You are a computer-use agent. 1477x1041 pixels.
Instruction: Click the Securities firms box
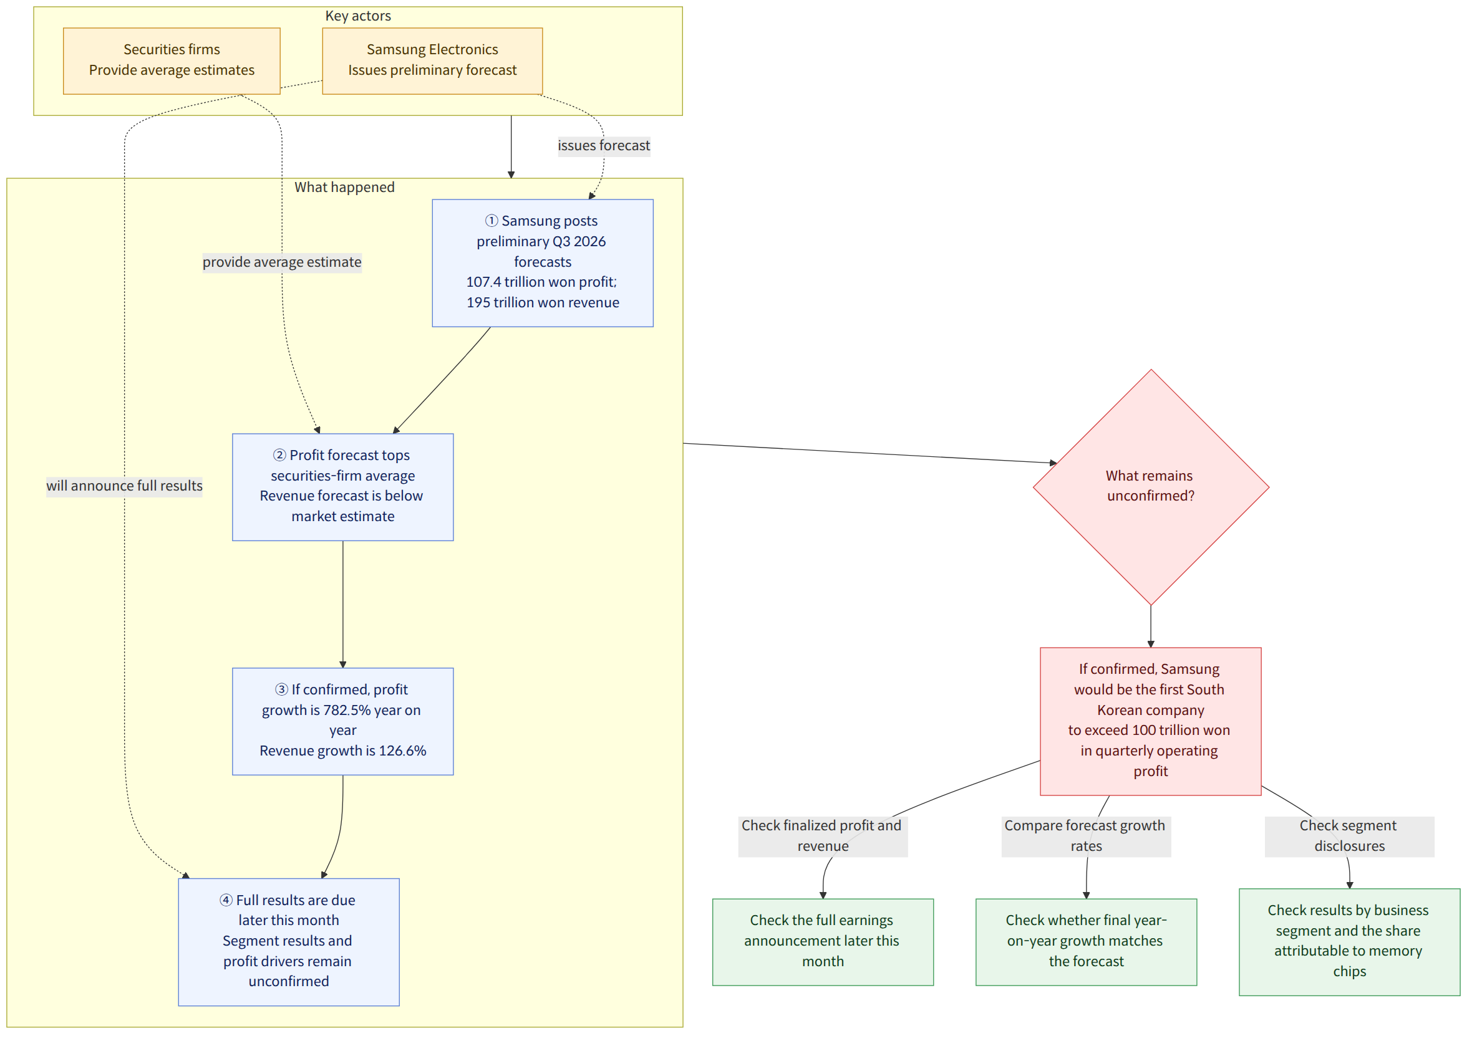(172, 61)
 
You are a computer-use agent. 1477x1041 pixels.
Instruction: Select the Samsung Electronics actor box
(432, 61)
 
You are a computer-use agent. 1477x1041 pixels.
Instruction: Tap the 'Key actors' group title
(358, 16)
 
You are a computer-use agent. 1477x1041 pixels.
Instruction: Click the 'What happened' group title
(345, 187)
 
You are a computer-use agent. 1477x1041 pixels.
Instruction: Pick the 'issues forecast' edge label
(604, 146)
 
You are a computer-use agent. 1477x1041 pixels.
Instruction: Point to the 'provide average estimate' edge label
(282, 262)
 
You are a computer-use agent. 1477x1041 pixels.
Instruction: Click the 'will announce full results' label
(124, 486)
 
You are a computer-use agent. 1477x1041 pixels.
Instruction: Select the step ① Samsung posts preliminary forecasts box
(543, 263)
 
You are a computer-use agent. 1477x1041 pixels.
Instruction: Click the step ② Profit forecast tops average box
(343, 487)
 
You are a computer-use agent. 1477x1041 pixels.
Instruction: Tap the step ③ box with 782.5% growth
(343, 721)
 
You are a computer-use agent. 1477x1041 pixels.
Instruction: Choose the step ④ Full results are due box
(289, 942)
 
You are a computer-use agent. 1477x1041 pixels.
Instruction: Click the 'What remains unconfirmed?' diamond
(1151, 487)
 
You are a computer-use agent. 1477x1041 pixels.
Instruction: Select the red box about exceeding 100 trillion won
(1151, 721)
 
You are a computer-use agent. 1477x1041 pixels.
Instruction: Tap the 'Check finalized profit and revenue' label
(823, 836)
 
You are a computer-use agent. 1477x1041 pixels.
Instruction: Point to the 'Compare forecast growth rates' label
(1086, 836)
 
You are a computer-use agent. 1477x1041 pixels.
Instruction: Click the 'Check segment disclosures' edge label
(1350, 836)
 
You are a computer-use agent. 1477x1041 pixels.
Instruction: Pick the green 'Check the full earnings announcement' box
(823, 942)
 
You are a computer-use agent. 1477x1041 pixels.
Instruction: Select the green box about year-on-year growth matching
(1086, 942)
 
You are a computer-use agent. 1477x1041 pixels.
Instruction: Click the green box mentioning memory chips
(1350, 942)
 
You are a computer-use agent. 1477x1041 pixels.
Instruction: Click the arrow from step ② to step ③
(343, 605)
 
